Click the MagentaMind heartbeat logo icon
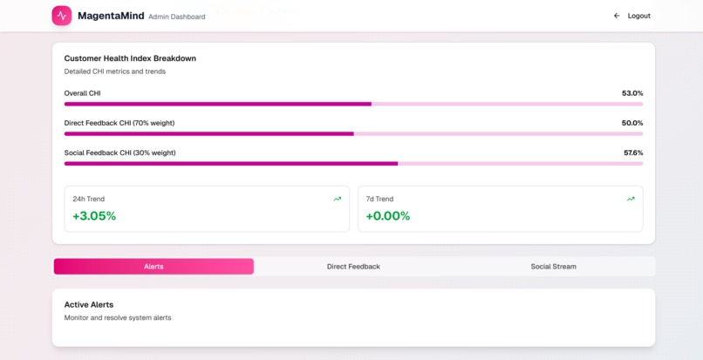[x=62, y=16]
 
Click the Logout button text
[x=638, y=16]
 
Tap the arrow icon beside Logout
[x=617, y=16]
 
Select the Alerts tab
[x=154, y=267]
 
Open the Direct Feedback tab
[x=353, y=267]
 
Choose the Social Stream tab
[x=553, y=267]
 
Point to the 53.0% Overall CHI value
[x=632, y=93]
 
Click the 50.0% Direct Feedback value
[x=632, y=123]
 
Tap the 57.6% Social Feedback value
[x=632, y=153]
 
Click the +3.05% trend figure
[x=94, y=216]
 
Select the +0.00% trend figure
[x=388, y=216]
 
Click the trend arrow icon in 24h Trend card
[x=338, y=199]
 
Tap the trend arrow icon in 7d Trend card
[x=631, y=199]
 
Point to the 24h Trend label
[x=88, y=199]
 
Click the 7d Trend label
[x=379, y=199]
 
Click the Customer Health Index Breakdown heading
[x=130, y=58]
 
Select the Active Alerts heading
[x=89, y=304]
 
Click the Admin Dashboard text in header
[x=177, y=17]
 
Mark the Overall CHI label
[x=82, y=93]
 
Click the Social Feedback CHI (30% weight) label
[x=119, y=153]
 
